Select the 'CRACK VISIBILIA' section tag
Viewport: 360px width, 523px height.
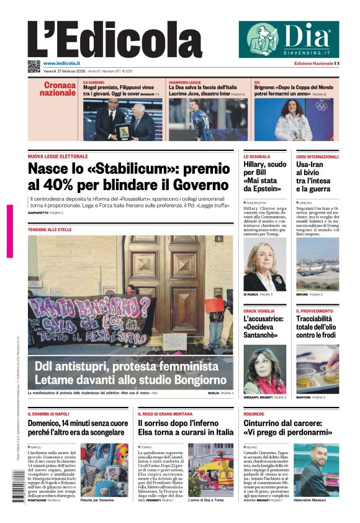click(259, 311)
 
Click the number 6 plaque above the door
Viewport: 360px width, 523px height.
click(218, 239)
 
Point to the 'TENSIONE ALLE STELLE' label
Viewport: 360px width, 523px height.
click(49, 230)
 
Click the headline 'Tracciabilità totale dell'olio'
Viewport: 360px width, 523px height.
click(317, 327)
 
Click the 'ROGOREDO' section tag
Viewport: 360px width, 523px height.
click(254, 414)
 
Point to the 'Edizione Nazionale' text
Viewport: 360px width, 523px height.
click(313, 63)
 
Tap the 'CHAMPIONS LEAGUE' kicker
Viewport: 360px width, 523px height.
click(187, 82)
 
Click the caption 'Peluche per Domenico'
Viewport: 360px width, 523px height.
click(96, 499)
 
